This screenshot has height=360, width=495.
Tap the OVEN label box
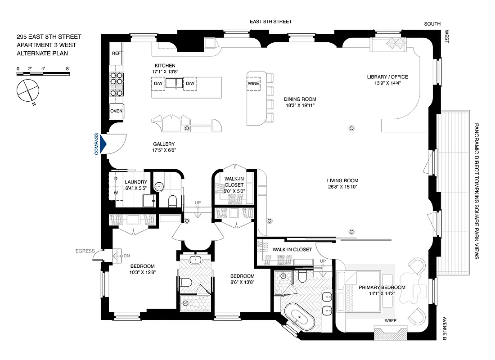pyautogui.click(x=117, y=111)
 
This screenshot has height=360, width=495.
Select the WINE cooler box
pyautogui.click(x=253, y=83)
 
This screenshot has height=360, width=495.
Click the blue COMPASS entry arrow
pyautogui.click(x=103, y=144)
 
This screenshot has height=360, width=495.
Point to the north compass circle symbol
pyautogui.click(x=28, y=90)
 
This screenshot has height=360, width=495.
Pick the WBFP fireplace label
pyautogui.click(x=390, y=321)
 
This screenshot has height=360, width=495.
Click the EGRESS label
pyautogui.click(x=85, y=251)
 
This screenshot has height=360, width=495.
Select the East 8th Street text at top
pyautogui.click(x=271, y=22)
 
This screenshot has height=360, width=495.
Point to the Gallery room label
pyautogui.click(x=163, y=144)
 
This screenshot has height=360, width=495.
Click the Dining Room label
pyautogui.click(x=300, y=99)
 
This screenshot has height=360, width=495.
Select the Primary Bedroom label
pyautogui.click(x=382, y=288)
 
